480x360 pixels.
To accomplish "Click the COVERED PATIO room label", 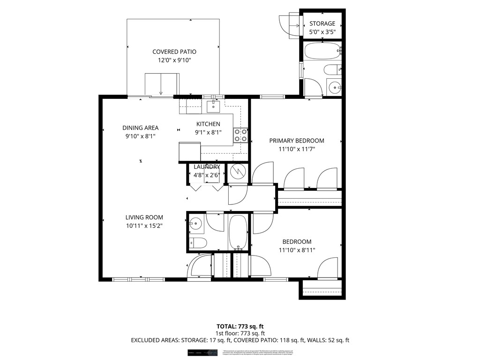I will [x=174, y=52].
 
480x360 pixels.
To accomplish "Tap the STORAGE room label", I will [x=322, y=23].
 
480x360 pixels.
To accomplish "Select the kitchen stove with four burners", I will [x=240, y=135].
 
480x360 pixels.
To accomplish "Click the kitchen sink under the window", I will [x=214, y=107].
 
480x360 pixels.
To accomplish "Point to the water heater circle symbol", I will [x=239, y=172].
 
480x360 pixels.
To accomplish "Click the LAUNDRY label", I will [x=207, y=167].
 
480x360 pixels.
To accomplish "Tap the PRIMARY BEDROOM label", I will [x=296, y=141].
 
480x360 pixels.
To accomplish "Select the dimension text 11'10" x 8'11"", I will [x=297, y=250].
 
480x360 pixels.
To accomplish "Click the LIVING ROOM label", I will [x=144, y=217].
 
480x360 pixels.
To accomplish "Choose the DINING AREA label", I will [x=140, y=127].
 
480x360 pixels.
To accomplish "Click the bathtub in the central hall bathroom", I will [x=238, y=233].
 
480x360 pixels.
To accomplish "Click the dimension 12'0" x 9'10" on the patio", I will [x=174, y=60].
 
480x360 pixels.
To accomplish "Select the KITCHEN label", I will [x=208, y=124].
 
